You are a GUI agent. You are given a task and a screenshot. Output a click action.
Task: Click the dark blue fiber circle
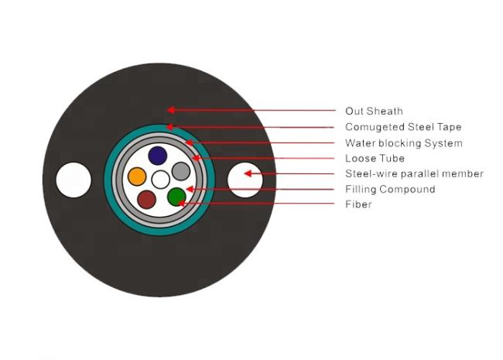158,156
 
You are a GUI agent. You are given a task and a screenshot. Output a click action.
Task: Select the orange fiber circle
137,177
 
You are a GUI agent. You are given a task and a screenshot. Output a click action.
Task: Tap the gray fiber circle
181,171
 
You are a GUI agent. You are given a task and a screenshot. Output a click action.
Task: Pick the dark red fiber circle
146,199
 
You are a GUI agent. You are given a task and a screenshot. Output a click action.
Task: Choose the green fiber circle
176,197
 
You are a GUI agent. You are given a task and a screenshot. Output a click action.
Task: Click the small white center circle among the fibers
160,180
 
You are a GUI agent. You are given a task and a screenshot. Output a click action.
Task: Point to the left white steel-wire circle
74,180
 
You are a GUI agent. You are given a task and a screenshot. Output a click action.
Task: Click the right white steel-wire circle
245,180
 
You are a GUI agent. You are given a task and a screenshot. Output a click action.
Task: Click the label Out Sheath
374,111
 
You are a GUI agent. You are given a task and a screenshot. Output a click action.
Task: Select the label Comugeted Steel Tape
403,127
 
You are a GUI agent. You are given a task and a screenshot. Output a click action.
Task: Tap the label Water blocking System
404,143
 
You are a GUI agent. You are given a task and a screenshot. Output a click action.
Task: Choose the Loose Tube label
375,158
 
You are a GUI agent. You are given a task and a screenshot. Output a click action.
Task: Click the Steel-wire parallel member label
414,173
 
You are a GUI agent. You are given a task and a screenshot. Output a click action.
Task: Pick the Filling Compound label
390,190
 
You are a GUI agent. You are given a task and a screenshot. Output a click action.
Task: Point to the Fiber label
358,204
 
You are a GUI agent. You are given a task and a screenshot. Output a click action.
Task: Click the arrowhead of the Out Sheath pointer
170,110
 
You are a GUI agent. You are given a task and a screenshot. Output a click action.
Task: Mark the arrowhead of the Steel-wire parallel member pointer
248,173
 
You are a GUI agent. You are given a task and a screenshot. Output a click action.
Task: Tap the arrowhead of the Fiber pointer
182,204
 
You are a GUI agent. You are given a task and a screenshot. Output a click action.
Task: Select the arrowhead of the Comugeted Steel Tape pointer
170,127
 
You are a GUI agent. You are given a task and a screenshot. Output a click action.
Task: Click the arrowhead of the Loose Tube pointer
196,158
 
